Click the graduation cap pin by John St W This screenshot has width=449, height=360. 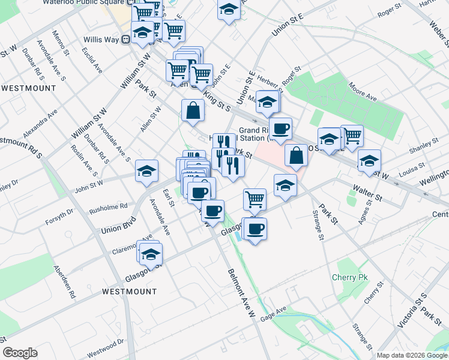[x=146, y=172]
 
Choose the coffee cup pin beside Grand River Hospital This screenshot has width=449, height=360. [x=280, y=128]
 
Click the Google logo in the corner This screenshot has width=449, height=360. [x=20, y=353]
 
